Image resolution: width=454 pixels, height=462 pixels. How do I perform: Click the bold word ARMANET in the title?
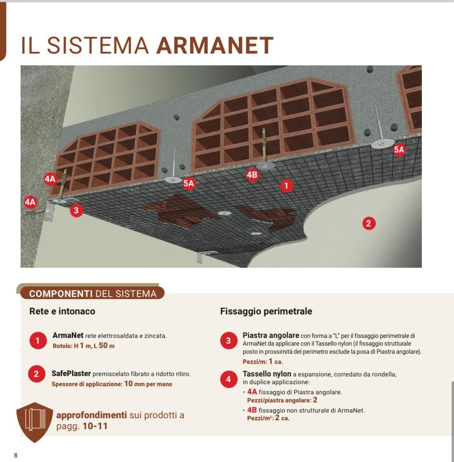click(215, 45)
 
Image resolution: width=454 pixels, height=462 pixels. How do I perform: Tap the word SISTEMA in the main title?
click(98, 45)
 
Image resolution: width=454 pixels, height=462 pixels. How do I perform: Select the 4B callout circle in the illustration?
click(252, 175)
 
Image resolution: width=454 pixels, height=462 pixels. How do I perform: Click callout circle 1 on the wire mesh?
click(286, 186)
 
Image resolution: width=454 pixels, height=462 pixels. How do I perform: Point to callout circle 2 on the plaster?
click(368, 223)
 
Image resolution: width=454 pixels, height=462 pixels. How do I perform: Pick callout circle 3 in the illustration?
click(76, 211)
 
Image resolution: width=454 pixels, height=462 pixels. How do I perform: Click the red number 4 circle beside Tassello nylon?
click(228, 379)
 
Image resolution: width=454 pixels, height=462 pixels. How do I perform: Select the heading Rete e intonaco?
click(62, 312)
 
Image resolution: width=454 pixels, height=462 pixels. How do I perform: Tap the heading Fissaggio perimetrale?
click(266, 312)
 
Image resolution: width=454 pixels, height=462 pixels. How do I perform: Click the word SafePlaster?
click(71, 374)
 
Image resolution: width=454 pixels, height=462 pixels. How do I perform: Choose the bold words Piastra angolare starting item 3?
click(271, 335)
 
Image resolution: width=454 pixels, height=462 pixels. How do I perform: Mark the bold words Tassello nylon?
click(267, 374)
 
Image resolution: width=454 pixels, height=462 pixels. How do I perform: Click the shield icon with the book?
click(35, 422)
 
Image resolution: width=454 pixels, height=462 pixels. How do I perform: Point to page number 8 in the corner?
click(16, 455)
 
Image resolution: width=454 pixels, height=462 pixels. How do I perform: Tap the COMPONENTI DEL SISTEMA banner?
click(93, 294)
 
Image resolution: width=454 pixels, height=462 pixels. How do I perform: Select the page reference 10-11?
click(95, 426)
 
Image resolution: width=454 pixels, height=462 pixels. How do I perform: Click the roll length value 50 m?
click(106, 346)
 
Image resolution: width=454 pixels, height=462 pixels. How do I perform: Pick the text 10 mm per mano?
click(148, 384)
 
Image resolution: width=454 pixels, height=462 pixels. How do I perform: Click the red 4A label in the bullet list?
click(252, 392)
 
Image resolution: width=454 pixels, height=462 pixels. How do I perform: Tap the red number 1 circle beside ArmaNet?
click(38, 341)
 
